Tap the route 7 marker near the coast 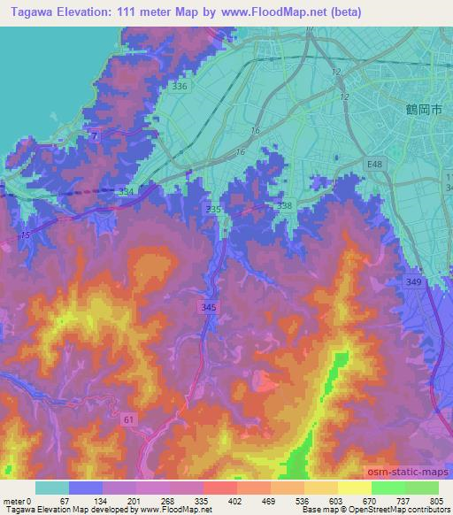[95, 134]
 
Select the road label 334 [127, 190]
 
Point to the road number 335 [212, 209]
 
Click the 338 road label [284, 204]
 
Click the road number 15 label [27, 234]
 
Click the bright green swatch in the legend [388, 488]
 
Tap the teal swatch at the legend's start [52, 488]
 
